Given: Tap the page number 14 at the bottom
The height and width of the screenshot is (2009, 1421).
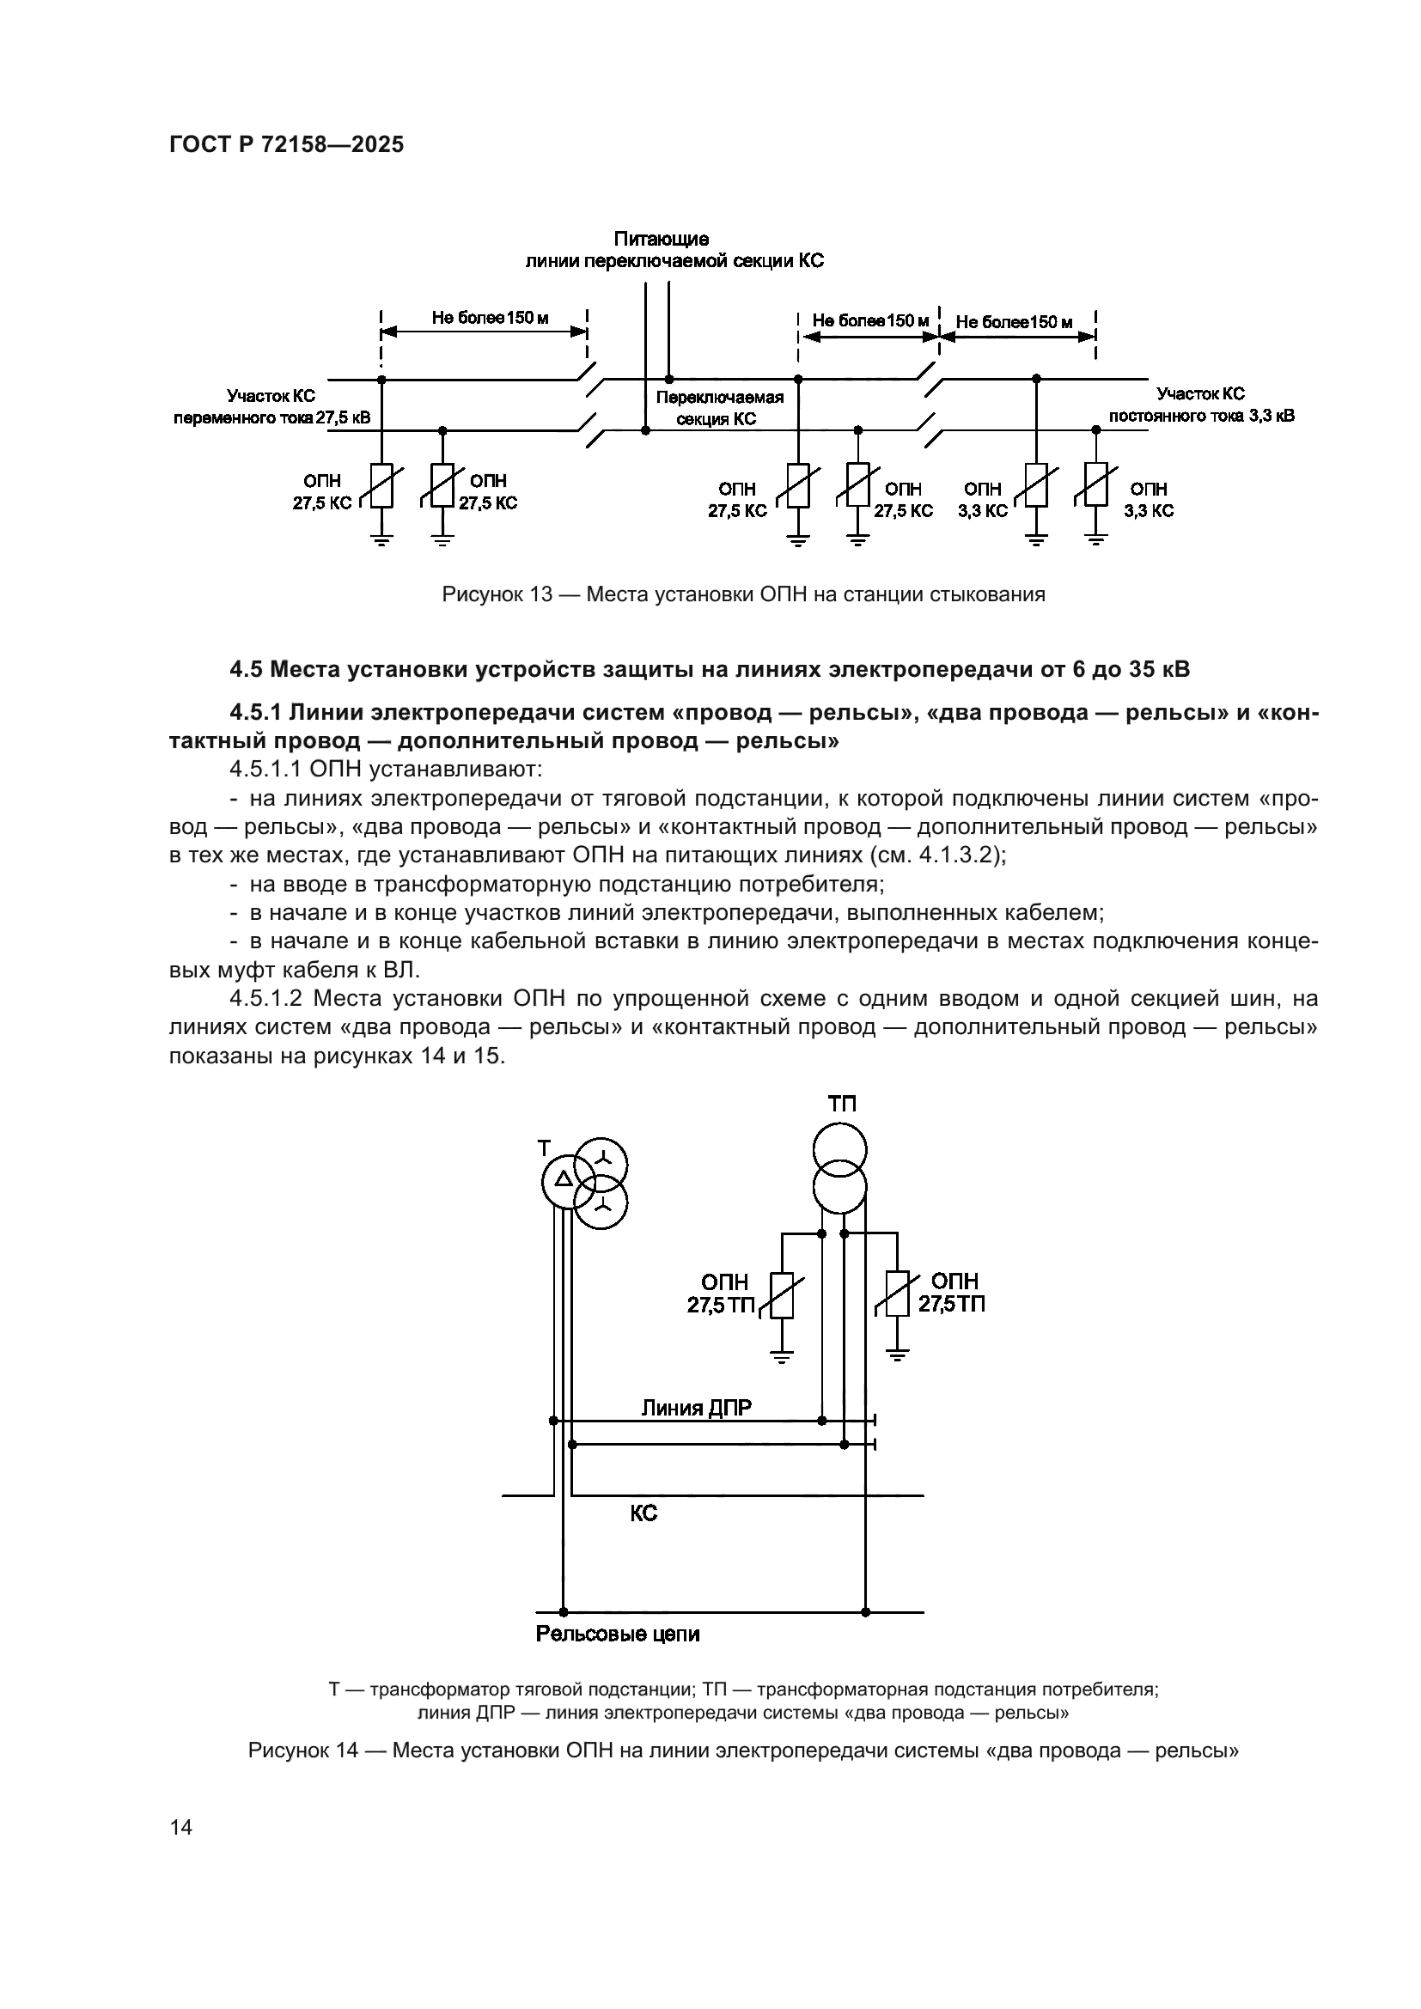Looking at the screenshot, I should [181, 1827].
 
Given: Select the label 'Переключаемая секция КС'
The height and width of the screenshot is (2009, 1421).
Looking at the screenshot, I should [719, 408].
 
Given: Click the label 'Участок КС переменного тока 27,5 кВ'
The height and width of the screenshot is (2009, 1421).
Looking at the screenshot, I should [271, 407].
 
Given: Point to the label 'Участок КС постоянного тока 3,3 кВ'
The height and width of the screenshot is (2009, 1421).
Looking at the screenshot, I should [1201, 405].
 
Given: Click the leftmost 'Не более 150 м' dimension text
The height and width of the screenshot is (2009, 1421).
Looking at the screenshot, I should [490, 318].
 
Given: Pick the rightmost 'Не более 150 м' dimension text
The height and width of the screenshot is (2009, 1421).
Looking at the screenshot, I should [1014, 322].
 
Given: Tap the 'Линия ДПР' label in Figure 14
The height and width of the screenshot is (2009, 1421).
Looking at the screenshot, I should [696, 1408].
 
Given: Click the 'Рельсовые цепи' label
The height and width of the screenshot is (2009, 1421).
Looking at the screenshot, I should [618, 1634].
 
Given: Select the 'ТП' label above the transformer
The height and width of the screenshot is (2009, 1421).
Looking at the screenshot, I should [842, 1105].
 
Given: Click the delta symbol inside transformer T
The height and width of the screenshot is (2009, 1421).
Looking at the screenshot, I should [564, 1178].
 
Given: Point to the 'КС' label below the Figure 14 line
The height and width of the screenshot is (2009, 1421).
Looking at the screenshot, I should [643, 1513].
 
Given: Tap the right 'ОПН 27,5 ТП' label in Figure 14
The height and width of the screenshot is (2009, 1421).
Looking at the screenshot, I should [952, 1294].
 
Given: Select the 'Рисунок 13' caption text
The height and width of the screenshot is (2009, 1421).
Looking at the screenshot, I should [497, 595].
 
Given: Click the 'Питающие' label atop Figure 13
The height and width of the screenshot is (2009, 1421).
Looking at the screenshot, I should [661, 239].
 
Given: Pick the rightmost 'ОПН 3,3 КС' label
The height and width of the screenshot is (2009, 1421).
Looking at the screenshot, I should [1148, 500].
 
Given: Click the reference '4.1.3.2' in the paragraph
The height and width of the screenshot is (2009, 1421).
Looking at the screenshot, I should [955, 855].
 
